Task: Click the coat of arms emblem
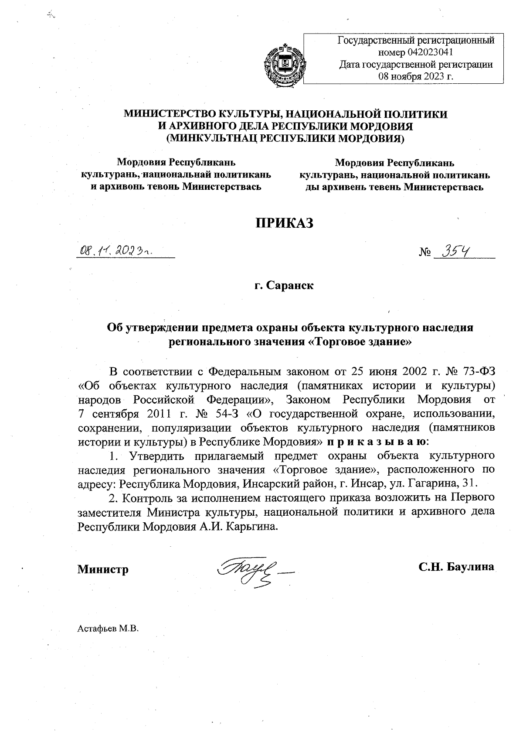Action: click(x=283, y=65)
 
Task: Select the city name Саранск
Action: click(x=291, y=286)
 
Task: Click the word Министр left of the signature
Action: click(x=103, y=569)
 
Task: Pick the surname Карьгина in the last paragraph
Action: click(x=253, y=526)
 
